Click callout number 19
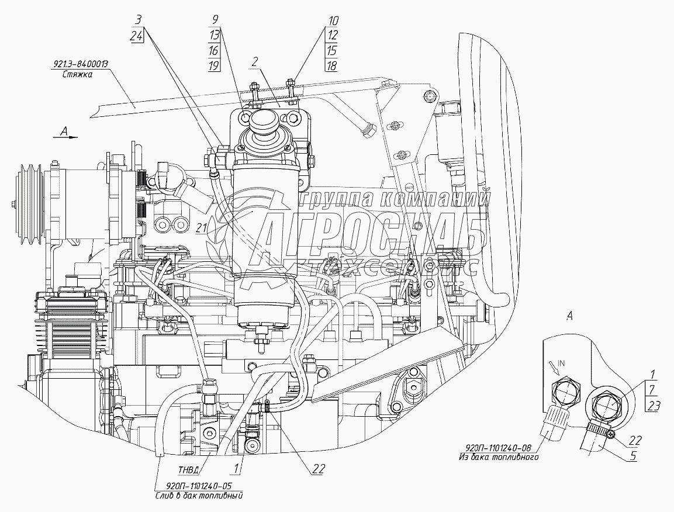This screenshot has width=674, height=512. pyautogui.click(x=215, y=65)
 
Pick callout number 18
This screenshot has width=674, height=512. pyautogui.click(x=332, y=65)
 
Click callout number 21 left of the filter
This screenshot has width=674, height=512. pyautogui.click(x=201, y=229)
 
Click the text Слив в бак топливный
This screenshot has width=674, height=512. pyautogui.click(x=199, y=495)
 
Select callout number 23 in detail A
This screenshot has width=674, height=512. pyautogui.click(x=652, y=406)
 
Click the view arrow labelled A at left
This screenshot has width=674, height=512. pyautogui.click(x=67, y=134)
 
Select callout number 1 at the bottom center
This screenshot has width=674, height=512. pyautogui.click(x=236, y=468)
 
